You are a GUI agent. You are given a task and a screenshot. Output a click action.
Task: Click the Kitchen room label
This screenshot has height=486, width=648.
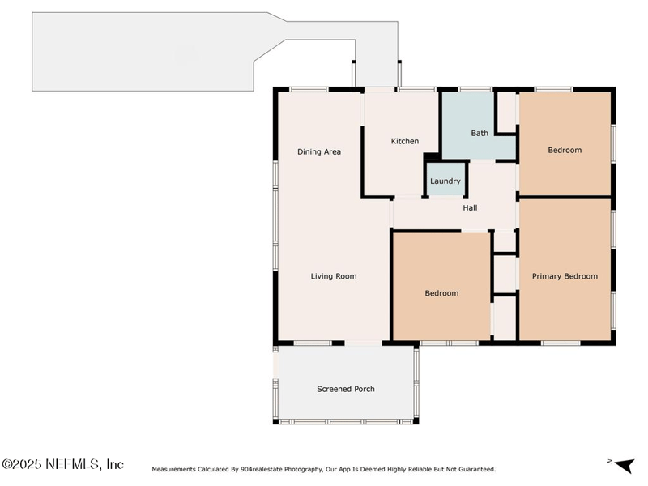point(404,141)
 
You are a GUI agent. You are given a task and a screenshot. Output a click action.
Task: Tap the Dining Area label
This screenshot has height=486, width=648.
point(319,152)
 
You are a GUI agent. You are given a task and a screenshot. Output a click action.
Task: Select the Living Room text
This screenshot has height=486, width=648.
point(334,276)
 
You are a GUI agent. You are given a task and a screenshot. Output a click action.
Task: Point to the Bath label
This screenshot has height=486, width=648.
point(480,133)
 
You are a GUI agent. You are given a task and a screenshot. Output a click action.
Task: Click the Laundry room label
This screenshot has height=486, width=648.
point(445,181)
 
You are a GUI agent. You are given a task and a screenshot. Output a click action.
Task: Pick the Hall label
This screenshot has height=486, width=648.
point(470,208)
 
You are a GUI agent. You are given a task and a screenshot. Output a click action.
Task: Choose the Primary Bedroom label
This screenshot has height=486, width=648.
point(565,276)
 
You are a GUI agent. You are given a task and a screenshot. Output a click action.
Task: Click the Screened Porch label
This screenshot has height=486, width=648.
point(346,389)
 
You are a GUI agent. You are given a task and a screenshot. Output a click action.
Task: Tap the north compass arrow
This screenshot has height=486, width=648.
point(624,465)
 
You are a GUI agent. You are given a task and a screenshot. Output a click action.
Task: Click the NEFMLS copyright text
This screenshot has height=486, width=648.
point(63,464)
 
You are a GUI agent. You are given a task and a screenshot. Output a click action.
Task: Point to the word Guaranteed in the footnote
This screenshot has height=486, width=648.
point(478,470)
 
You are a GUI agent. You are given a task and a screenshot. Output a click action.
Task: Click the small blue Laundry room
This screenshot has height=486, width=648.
point(446,179)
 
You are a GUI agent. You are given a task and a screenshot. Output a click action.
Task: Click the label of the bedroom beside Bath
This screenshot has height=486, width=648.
point(565,151)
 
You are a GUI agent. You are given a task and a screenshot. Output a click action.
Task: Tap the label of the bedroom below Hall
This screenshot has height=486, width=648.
point(441,293)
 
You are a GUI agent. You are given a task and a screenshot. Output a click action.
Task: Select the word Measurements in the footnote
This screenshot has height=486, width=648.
point(173,470)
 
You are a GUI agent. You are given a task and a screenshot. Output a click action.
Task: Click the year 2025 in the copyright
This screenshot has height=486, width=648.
point(28,464)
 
